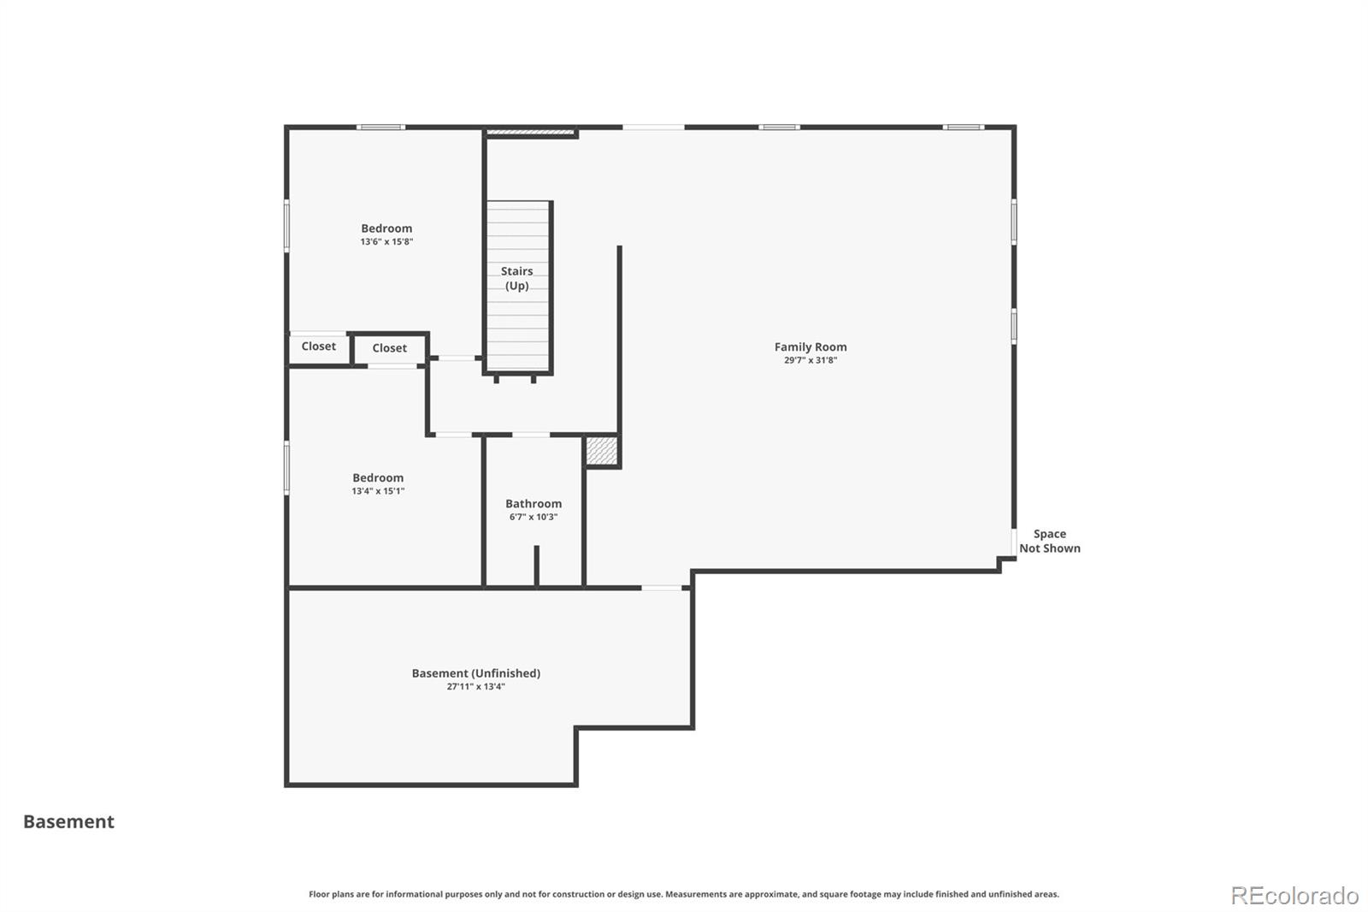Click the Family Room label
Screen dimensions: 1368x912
coord(811,346)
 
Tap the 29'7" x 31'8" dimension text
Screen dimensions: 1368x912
coord(811,360)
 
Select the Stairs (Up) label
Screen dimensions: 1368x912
coord(516,278)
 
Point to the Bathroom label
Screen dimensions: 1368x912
coord(534,504)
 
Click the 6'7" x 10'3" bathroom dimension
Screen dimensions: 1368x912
coord(534,517)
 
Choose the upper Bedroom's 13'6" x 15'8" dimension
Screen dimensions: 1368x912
coord(386,241)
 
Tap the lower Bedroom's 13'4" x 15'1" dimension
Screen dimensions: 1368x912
coord(378,491)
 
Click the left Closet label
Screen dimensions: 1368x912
coord(318,346)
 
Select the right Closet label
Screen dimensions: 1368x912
coord(389,348)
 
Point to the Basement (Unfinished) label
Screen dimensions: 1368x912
coord(475,673)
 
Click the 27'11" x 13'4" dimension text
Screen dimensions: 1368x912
coord(475,686)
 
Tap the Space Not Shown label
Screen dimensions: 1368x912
coord(1050,541)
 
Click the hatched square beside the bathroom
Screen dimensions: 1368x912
coord(602,451)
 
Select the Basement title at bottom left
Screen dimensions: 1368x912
coord(68,821)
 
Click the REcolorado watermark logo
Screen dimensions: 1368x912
coord(1294,896)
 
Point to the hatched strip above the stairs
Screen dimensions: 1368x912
coord(531,132)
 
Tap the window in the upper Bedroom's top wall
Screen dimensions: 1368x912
coord(380,127)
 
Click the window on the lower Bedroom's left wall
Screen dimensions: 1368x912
coord(286,468)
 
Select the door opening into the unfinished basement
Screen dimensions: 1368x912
coord(662,588)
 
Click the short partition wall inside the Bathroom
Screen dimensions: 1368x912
coord(537,566)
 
